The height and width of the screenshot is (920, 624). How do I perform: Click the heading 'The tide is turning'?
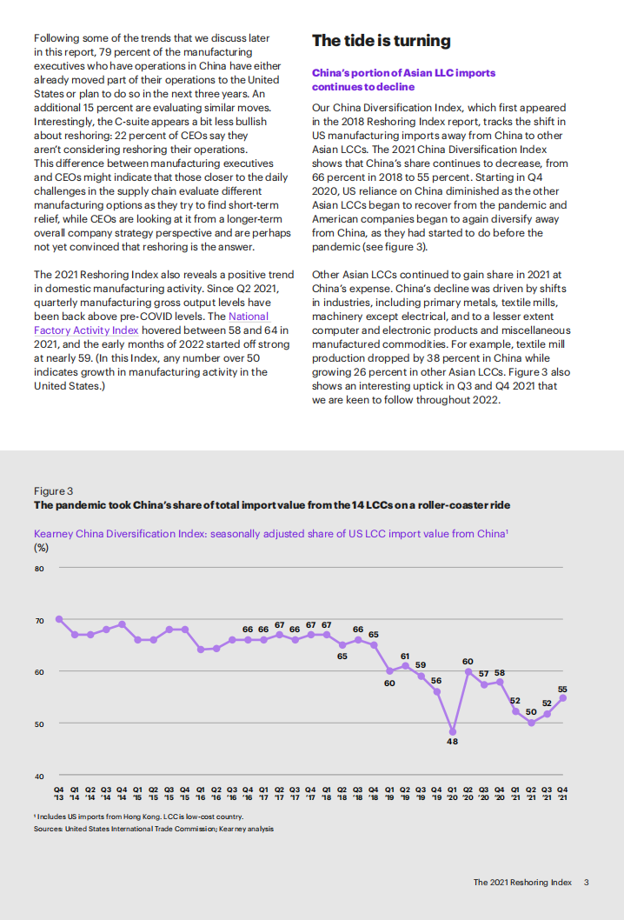[x=381, y=41]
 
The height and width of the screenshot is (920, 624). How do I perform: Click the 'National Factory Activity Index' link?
[x=150, y=323]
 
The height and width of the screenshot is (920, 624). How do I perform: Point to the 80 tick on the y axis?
[x=39, y=569]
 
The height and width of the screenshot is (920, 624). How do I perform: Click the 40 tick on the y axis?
[x=39, y=776]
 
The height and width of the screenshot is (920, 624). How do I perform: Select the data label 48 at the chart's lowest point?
[x=452, y=742]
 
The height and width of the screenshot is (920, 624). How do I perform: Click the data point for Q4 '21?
[x=563, y=697]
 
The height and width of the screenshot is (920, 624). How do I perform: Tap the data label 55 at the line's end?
[x=562, y=689]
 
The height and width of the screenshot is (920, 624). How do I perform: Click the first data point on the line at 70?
[x=58, y=619]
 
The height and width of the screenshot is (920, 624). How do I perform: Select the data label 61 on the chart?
[x=405, y=656]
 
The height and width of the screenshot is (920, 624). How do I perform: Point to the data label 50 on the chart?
[x=531, y=711]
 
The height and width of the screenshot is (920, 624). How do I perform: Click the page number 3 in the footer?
[x=587, y=882]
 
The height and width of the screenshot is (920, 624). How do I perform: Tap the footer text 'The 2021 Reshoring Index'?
[x=522, y=882]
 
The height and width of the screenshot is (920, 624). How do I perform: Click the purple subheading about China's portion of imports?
[x=391, y=80]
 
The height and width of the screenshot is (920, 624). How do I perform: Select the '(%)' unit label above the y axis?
[x=41, y=548]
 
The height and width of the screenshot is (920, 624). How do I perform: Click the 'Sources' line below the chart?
[x=153, y=829]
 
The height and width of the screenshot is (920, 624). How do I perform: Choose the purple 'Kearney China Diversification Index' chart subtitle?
[x=270, y=534]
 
